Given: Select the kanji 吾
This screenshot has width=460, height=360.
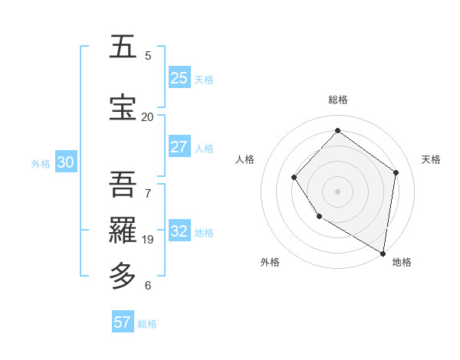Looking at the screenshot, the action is (124, 185).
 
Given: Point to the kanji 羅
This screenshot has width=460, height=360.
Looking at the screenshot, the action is (124, 229).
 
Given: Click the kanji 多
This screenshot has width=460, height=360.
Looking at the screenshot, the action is (124, 275).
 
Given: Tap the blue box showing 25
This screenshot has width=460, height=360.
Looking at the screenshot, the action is (179, 78).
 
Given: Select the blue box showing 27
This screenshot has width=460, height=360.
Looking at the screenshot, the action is (179, 147).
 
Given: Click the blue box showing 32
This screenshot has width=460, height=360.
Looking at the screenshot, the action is (179, 231).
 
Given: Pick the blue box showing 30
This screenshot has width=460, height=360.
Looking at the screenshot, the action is (65, 163).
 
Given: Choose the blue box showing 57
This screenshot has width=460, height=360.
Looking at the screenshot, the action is (123, 322).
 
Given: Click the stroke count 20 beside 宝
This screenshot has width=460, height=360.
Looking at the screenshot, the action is (147, 116).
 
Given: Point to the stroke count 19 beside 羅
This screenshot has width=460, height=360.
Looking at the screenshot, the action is (147, 240).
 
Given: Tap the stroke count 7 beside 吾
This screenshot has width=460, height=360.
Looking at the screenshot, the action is (148, 193).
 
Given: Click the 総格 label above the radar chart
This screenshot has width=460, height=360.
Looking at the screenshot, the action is (337, 100).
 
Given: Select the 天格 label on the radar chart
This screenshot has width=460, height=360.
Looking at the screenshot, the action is (431, 159).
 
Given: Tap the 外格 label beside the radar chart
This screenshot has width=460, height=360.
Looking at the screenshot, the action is (270, 263).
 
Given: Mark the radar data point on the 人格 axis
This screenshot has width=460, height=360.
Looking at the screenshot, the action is (294, 178).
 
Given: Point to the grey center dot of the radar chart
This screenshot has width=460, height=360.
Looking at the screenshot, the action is (337, 191).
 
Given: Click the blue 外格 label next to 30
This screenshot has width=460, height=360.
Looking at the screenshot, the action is (41, 164).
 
